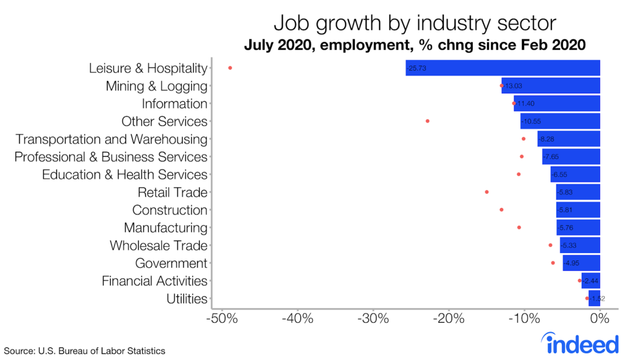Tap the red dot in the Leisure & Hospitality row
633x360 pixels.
(x=230, y=68)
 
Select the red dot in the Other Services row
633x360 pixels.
(x=428, y=121)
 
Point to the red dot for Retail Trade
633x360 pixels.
(x=486, y=192)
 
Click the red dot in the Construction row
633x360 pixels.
(x=501, y=210)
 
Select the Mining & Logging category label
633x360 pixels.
(x=156, y=86)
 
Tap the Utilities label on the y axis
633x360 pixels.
(x=187, y=299)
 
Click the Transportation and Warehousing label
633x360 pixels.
(x=111, y=139)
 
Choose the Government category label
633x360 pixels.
(x=171, y=264)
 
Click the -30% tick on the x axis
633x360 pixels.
(x=373, y=320)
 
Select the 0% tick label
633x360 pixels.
(x=600, y=320)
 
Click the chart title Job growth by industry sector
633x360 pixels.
(x=415, y=23)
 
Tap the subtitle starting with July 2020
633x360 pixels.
(x=415, y=45)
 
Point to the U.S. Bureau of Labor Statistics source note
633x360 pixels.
(x=85, y=351)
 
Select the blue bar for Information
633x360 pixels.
(x=557, y=104)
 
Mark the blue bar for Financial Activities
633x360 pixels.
(x=591, y=281)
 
